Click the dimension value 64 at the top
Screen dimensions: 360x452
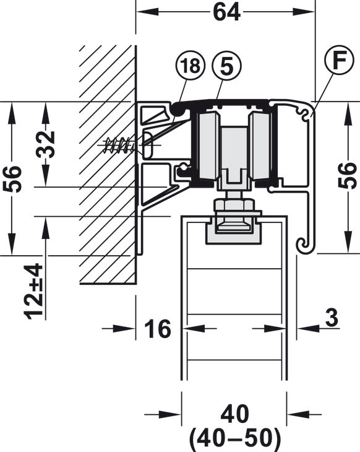coord(226,12)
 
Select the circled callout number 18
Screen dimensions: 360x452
coord(191,66)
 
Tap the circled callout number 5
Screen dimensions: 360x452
coord(226,66)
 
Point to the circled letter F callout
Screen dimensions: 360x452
coord(339,59)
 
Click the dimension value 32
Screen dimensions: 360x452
coord(45,144)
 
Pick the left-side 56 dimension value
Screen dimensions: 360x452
coord(12,178)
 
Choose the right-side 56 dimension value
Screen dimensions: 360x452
coord(348,176)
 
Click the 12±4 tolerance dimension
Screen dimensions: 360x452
coord(34,292)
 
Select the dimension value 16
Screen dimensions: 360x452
coord(158,329)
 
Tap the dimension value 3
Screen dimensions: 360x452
coord(333,318)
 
